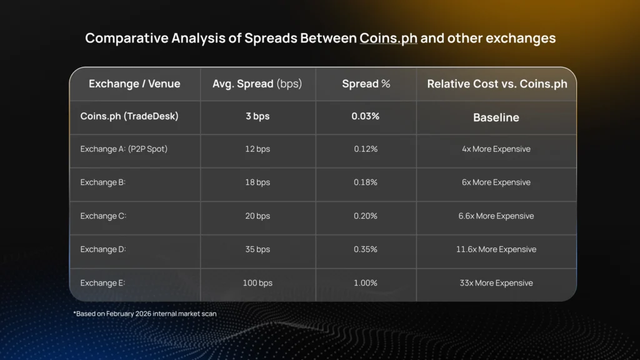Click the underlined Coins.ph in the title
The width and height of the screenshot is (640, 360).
pyautogui.click(x=388, y=38)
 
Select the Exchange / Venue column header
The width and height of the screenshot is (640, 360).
pyautogui.click(x=134, y=84)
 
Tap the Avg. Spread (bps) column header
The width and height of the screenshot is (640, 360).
pyautogui.click(x=257, y=84)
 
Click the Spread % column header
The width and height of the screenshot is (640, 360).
pyautogui.click(x=366, y=84)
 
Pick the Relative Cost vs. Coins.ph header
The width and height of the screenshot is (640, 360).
pyautogui.click(x=497, y=84)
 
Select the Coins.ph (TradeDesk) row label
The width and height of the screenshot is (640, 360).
pyautogui.click(x=129, y=116)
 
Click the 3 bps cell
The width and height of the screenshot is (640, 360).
pyautogui.click(x=257, y=116)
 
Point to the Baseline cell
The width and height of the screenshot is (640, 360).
pyautogui.click(x=496, y=117)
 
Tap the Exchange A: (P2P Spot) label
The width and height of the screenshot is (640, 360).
pyautogui.click(x=124, y=149)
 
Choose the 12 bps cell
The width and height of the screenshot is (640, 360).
pyautogui.click(x=257, y=149)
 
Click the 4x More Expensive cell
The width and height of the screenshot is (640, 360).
pyautogui.click(x=496, y=149)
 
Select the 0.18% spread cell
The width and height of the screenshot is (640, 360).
pyautogui.click(x=366, y=182)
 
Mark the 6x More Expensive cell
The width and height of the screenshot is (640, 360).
pyautogui.click(x=496, y=182)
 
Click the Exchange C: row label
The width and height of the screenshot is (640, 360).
pyautogui.click(x=103, y=216)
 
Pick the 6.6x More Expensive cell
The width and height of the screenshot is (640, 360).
pyautogui.click(x=496, y=216)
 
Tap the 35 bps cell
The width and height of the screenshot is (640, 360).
pyautogui.click(x=257, y=249)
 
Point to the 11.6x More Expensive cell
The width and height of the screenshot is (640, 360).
pyautogui.click(x=496, y=249)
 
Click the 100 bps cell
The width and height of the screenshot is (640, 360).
pyautogui.click(x=257, y=283)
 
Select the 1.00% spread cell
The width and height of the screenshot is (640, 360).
pyautogui.click(x=366, y=283)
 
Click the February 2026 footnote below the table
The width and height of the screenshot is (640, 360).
pyautogui.click(x=145, y=314)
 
